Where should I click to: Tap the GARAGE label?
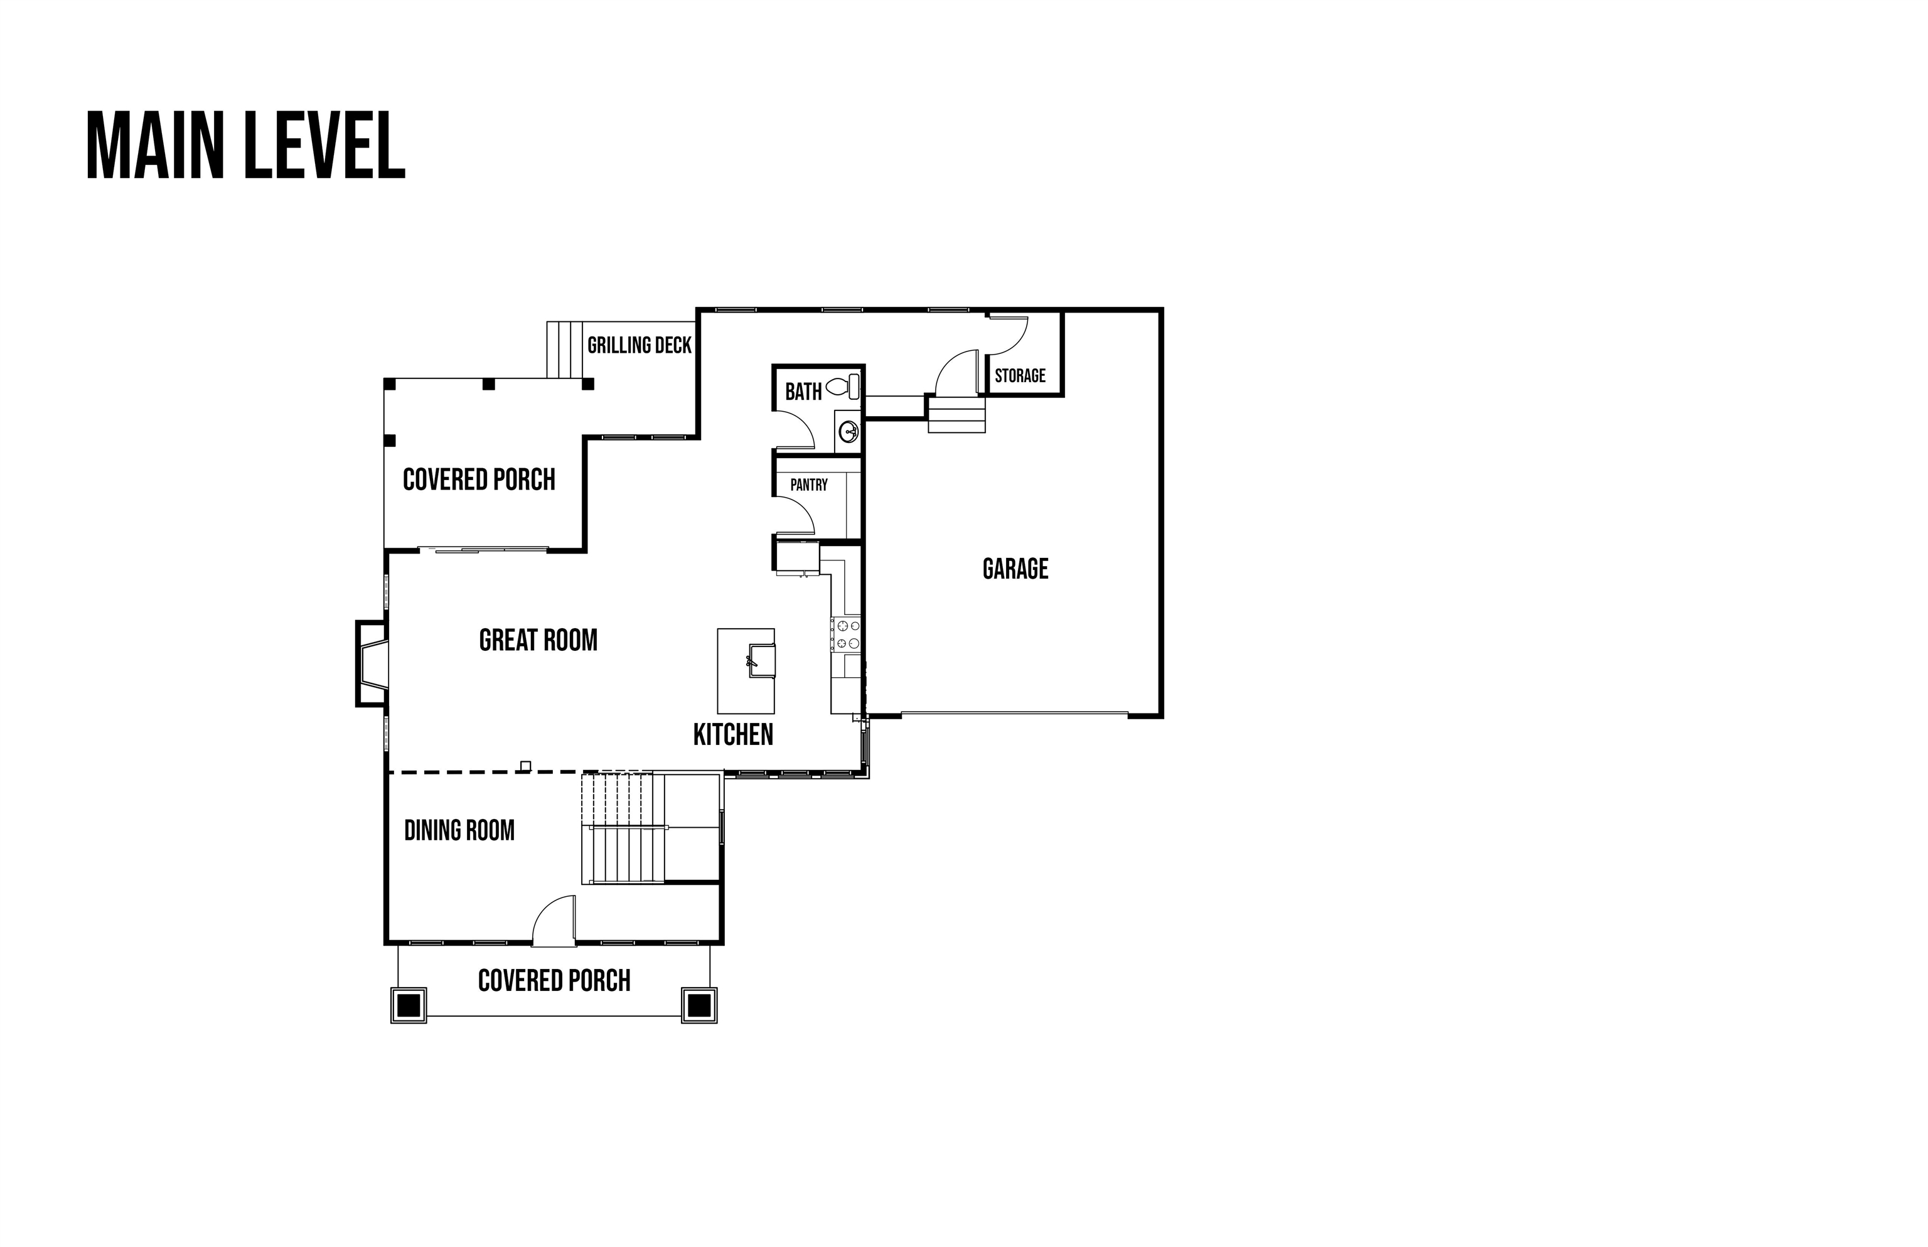1015,569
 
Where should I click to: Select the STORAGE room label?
1020,376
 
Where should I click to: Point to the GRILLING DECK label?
639,345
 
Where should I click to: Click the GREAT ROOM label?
538,641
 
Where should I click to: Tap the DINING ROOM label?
459,830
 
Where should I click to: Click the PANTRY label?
809,484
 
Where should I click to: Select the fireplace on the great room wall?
372,663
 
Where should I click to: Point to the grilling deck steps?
565,350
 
